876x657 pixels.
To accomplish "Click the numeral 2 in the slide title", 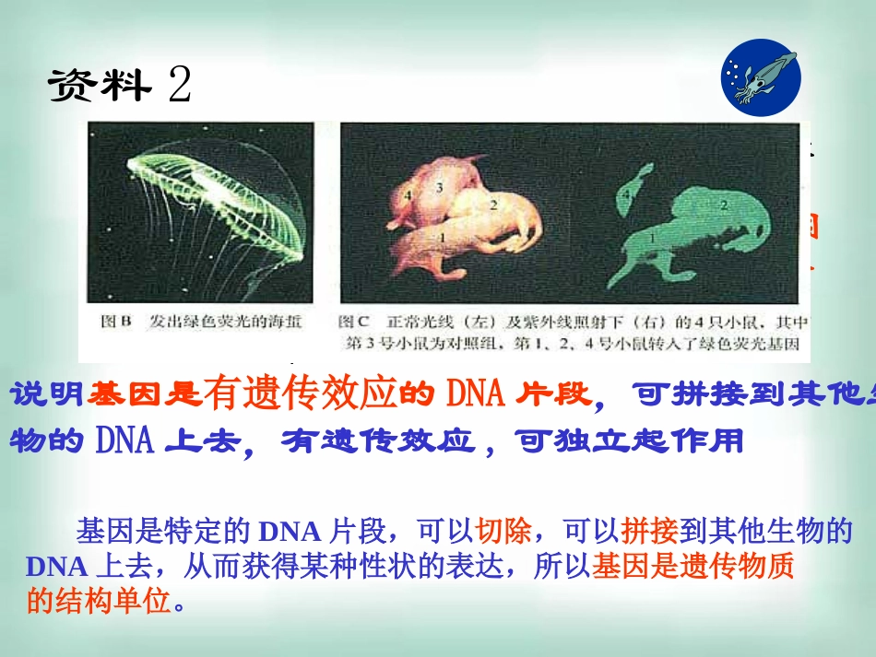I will point(180,86).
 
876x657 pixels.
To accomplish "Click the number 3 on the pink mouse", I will point(439,187).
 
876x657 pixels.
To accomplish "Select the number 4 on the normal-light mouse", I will point(407,194).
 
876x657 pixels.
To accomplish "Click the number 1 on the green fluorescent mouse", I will point(654,238).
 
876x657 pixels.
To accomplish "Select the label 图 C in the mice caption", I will point(354,322).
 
